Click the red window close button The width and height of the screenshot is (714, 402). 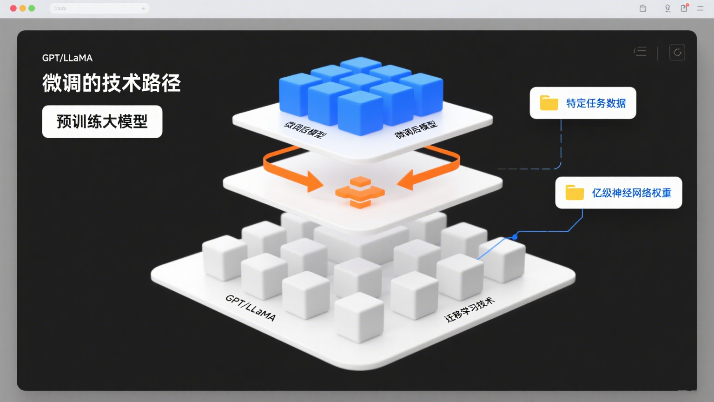pos(13,8)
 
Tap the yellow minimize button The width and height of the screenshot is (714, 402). pos(22,8)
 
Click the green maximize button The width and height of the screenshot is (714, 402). pos(32,8)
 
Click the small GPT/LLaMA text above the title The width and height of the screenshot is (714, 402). pos(67,58)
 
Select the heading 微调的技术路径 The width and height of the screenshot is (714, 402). pos(112,83)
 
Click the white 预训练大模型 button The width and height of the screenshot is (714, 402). pos(102,121)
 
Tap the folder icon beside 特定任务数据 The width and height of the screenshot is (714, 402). pos(549,103)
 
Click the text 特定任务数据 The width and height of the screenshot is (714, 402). pos(596,103)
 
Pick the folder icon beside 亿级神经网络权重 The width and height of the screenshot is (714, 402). pos(575,193)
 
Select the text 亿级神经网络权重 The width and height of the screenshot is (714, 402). pos(631,193)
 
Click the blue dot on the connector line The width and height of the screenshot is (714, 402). pos(515,237)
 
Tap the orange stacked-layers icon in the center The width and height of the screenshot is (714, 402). pos(360,192)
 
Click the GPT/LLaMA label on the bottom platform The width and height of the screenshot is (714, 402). pos(251,308)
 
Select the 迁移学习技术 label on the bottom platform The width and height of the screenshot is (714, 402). pos(469,310)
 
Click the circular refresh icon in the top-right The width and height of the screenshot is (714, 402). pos(677,52)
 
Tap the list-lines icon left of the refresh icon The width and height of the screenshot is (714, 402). pos(641,52)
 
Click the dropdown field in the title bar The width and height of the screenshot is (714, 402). pos(99,8)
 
